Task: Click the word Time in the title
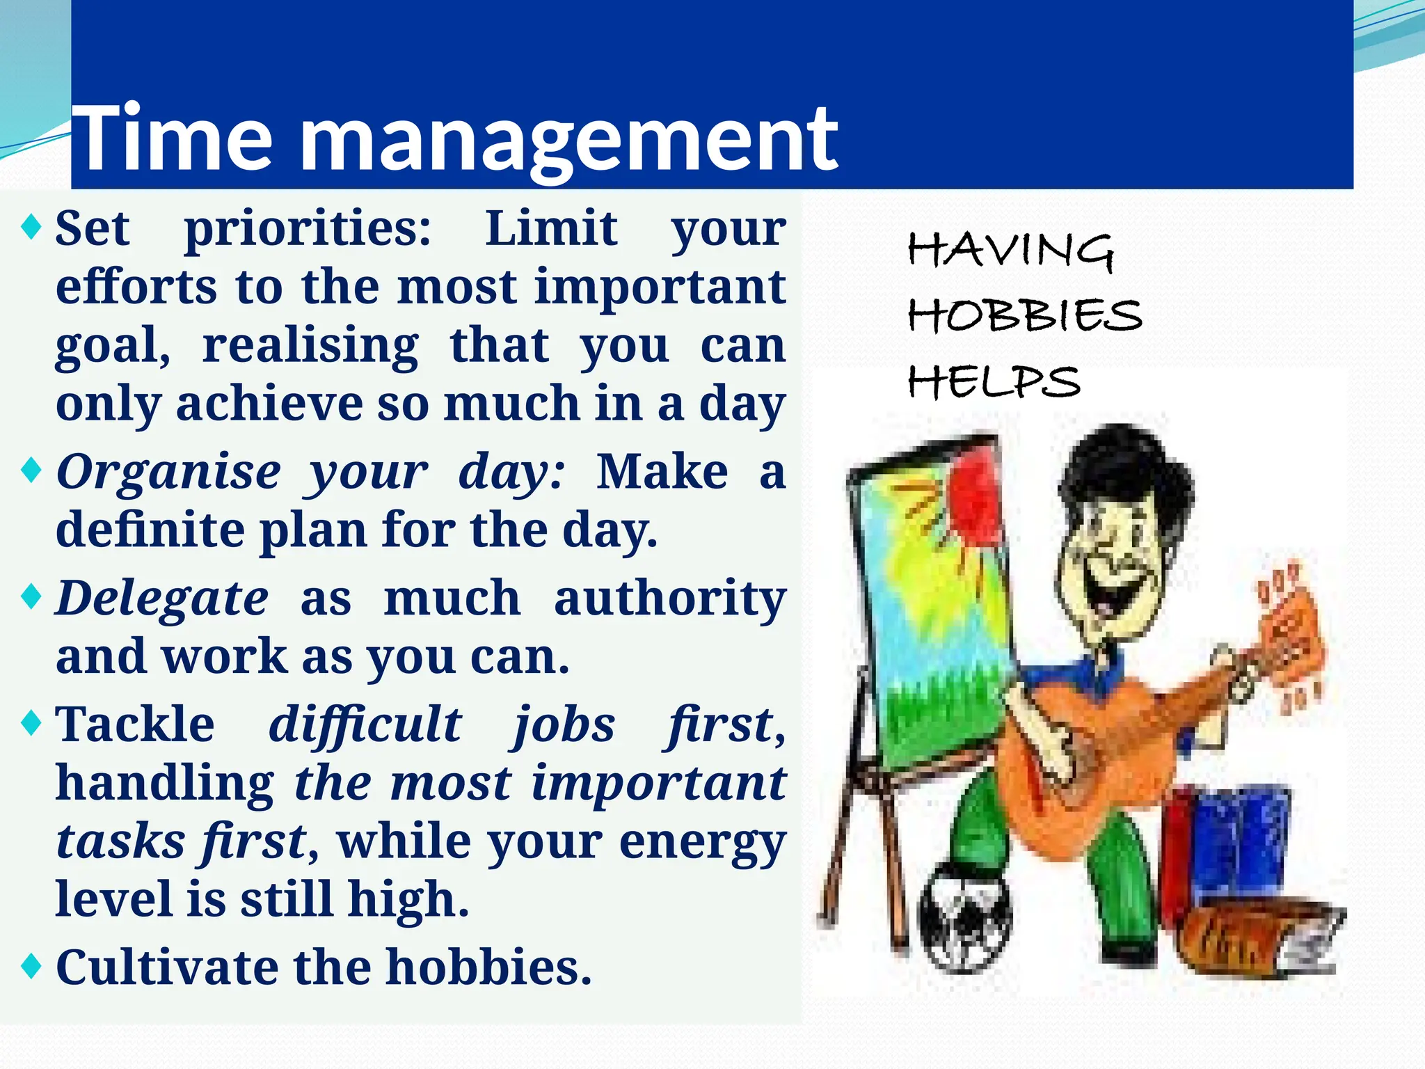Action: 173,138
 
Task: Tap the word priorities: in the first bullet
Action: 308,230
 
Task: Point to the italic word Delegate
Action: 161,599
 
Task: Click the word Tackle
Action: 135,724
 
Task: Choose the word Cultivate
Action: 166,967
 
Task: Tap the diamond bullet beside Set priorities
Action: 31,227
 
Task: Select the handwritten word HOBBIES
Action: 1024,315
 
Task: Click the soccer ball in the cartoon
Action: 964,917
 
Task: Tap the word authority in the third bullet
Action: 669,599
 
